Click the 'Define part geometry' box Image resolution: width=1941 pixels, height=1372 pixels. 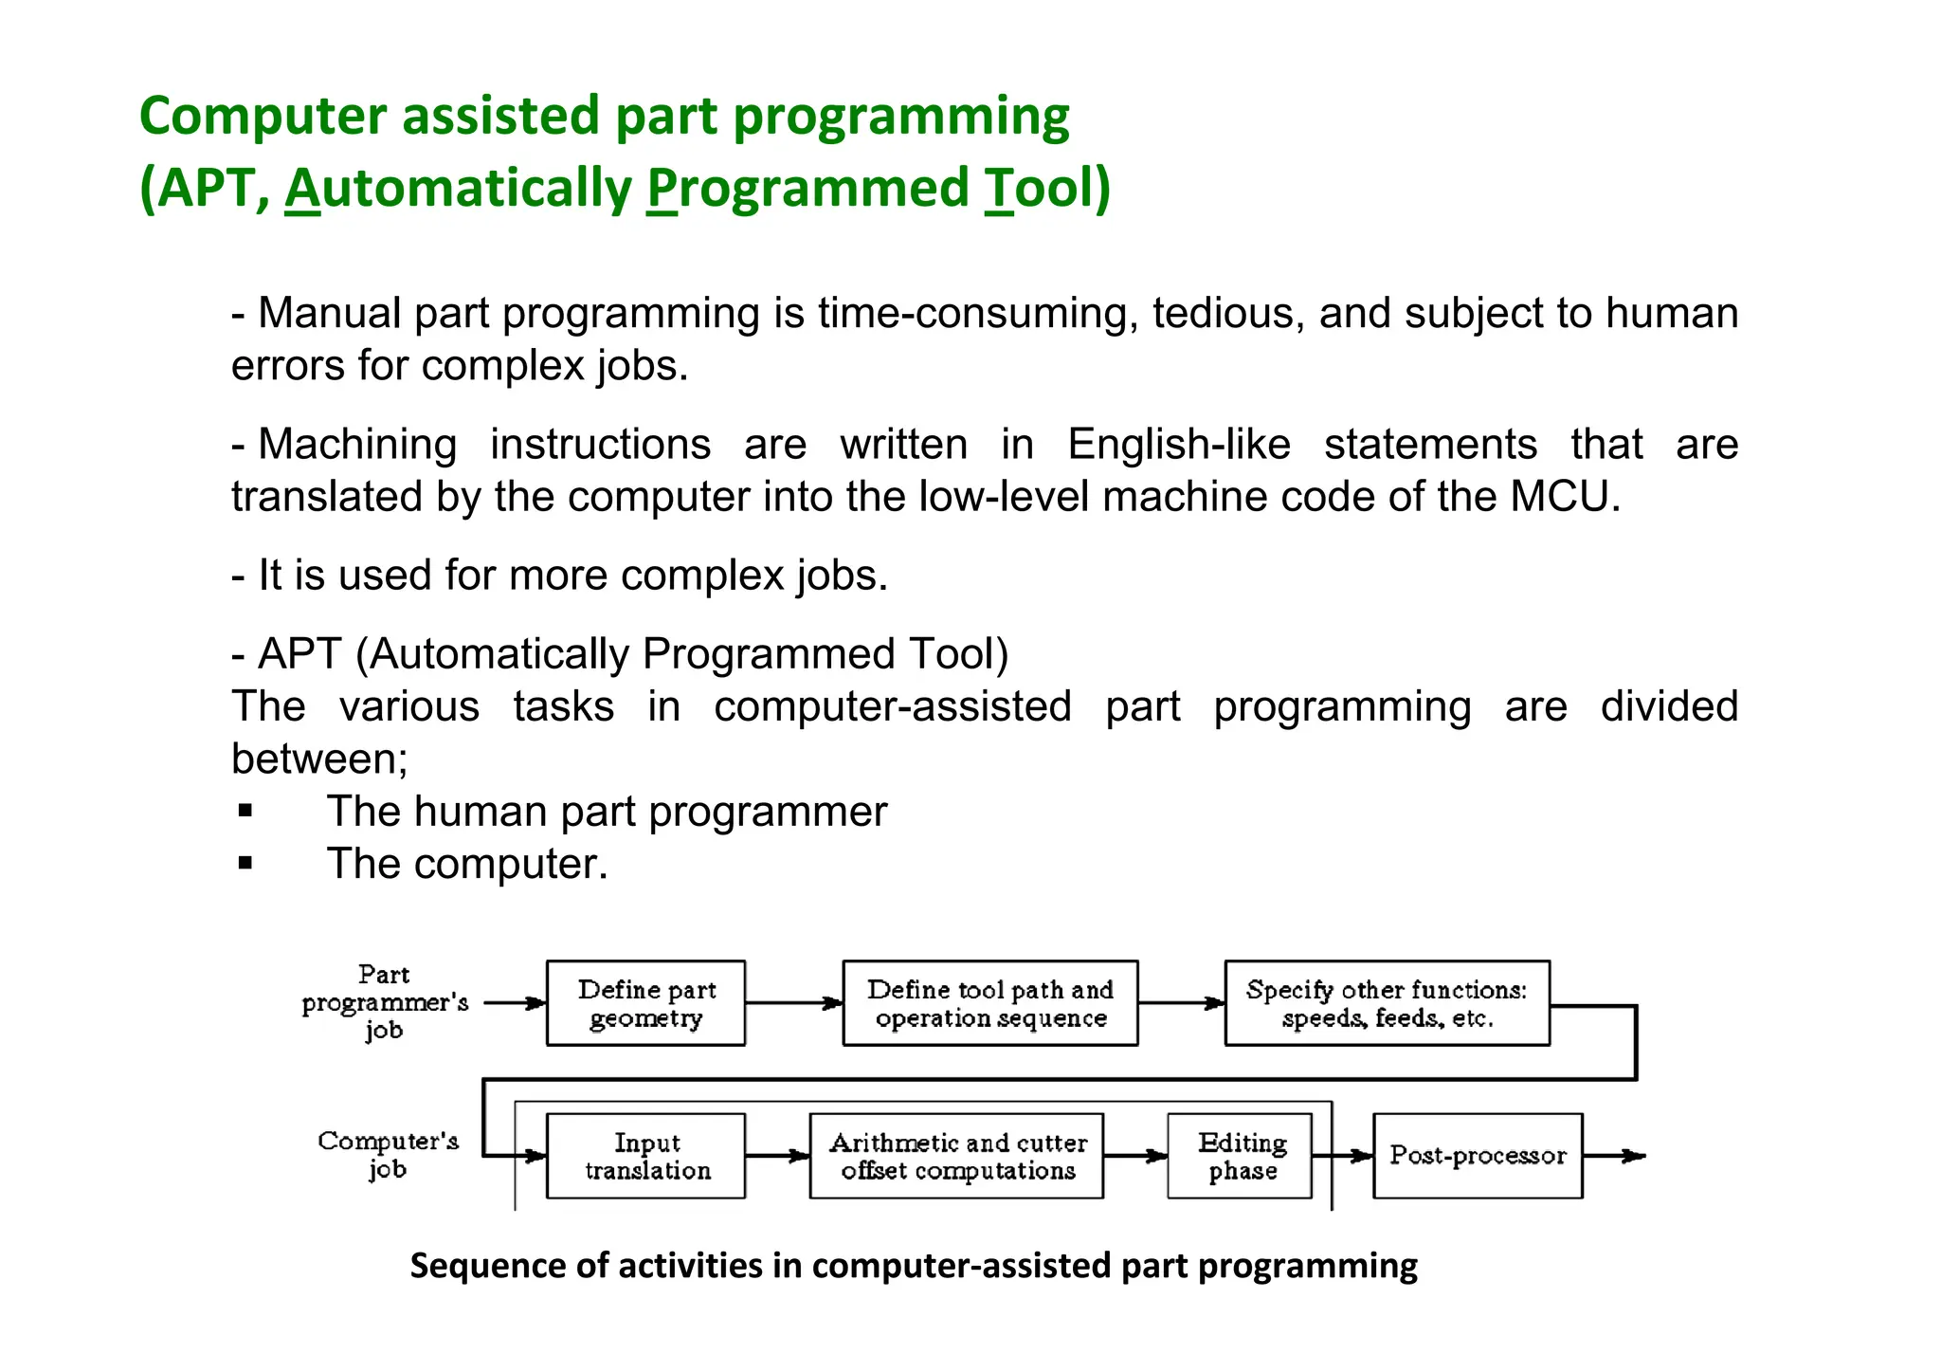point(645,1003)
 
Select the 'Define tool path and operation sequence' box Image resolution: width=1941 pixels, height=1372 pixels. point(989,1003)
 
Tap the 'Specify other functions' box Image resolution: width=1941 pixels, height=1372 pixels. point(1387,1003)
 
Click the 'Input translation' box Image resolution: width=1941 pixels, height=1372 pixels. point(645,1156)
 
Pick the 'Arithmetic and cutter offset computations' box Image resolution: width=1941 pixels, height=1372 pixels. point(956,1156)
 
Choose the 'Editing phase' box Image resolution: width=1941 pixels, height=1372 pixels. point(1240,1156)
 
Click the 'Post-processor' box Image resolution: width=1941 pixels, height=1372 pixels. point(1477,1156)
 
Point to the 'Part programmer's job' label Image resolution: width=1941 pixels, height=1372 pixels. point(385,1002)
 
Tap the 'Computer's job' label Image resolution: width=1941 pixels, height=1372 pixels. point(388,1154)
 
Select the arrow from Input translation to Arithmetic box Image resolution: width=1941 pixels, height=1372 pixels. point(777,1156)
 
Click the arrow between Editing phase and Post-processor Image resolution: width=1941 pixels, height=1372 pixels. point(1343,1156)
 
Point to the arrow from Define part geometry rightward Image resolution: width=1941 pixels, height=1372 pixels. point(793,1003)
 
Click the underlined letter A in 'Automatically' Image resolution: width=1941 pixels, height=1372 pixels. point(302,188)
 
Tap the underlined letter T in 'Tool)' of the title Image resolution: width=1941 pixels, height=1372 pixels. point(999,188)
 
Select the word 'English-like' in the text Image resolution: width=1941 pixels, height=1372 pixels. point(1178,445)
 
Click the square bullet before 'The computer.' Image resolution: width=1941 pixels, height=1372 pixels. point(246,863)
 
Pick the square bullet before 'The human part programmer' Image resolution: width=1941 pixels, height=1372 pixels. point(246,811)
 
